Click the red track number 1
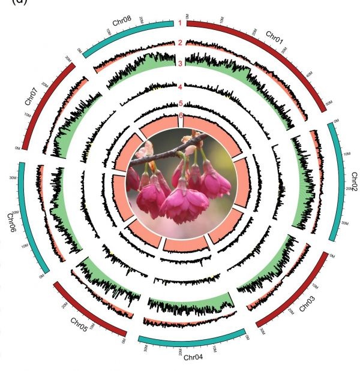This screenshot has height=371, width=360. (x=179, y=23)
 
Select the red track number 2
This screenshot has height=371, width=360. (x=179, y=43)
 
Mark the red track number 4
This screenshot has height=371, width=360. (x=179, y=88)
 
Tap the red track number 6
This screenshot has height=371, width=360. (x=179, y=116)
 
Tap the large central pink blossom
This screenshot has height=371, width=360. (x=183, y=201)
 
